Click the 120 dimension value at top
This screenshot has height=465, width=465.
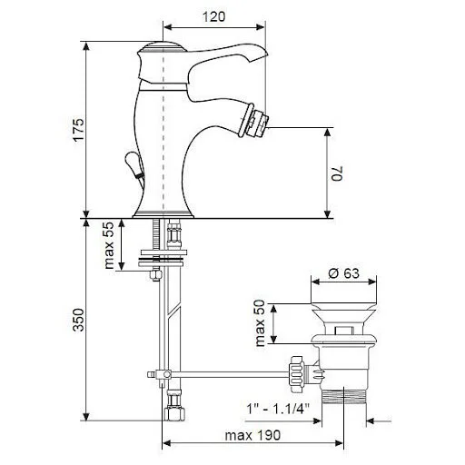213,15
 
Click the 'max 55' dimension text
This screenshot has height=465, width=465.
109,245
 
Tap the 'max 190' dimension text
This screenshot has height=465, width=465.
252,435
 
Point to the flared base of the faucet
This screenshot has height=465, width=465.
163,210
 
